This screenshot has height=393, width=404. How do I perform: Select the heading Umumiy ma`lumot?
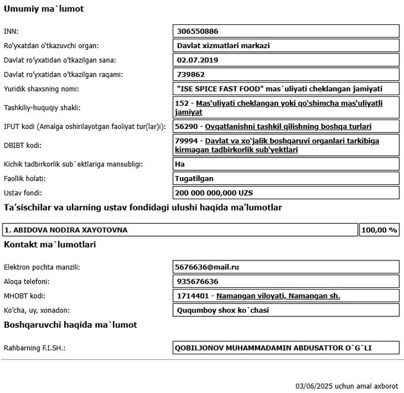click(44, 9)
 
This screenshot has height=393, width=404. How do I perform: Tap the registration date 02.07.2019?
click(198, 60)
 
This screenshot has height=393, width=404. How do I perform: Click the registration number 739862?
click(191, 74)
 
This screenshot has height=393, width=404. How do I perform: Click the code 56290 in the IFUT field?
click(187, 127)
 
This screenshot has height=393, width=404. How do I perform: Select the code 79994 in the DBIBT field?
click(187, 141)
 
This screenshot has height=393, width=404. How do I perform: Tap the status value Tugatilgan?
click(194, 178)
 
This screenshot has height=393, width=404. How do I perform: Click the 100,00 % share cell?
click(379, 229)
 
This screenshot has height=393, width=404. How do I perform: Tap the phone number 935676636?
click(198, 281)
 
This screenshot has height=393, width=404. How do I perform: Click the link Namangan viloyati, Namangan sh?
click(278, 295)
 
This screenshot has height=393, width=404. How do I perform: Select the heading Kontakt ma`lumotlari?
click(50, 244)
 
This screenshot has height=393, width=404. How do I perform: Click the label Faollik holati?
click(25, 178)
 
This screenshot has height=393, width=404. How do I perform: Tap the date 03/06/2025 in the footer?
click(314, 385)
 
